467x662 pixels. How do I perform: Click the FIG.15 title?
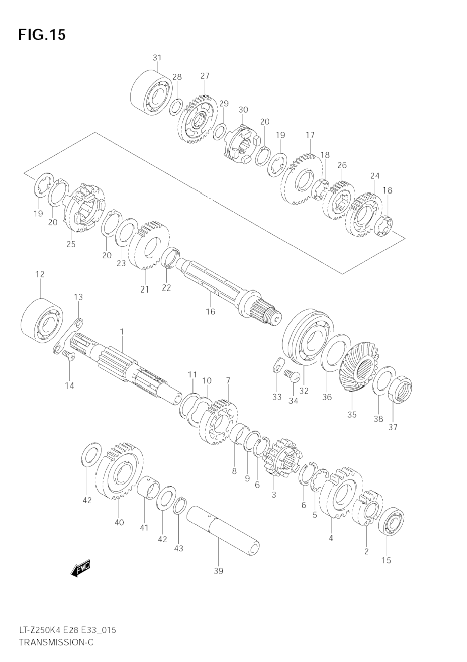point(42,35)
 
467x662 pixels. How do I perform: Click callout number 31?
point(157,58)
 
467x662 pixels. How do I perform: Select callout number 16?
point(210,311)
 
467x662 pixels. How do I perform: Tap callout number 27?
point(205,76)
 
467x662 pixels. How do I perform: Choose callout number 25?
point(71,245)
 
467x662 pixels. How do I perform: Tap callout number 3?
point(274,495)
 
